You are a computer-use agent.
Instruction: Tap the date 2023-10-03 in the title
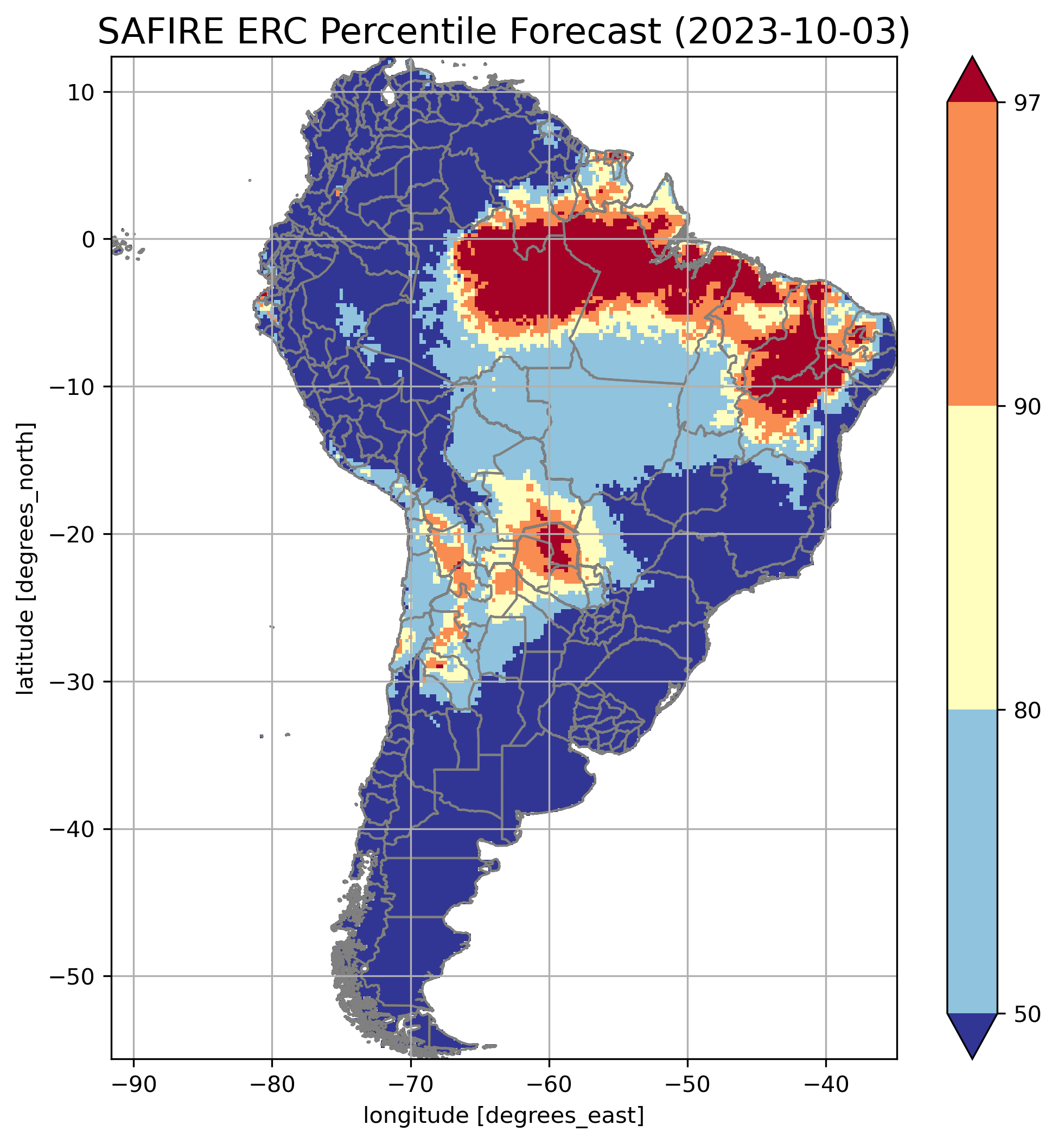point(791,33)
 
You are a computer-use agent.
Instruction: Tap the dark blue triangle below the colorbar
point(972,1036)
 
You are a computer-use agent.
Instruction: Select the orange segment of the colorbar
point(972,254)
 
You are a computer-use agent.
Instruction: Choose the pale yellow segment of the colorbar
point(972,558)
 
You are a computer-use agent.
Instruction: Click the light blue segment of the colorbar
point(972,861)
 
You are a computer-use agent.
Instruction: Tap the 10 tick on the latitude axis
point(81,92)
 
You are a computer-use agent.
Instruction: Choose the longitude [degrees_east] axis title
point(504,1115)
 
